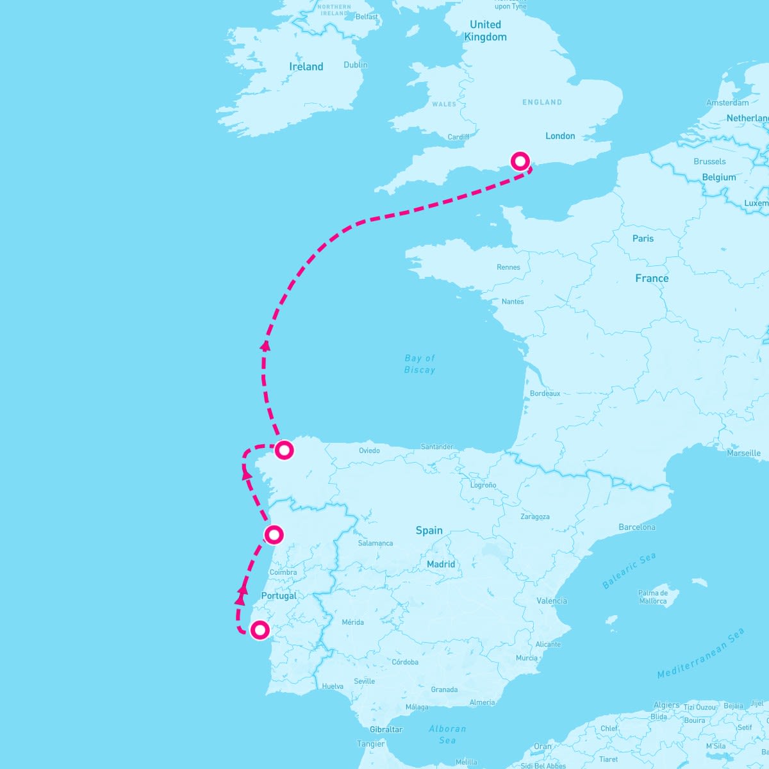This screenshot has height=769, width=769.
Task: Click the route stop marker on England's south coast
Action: coord(520,160)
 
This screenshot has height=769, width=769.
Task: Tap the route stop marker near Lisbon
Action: coord(260,630)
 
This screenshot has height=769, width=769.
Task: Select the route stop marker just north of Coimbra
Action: coord(274,534)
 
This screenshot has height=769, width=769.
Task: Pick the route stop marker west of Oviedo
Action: coord(284,450)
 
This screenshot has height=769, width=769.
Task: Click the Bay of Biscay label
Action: coord(420,364)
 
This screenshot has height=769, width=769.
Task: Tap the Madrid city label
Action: coord(441,564)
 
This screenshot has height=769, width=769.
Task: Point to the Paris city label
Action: coord(643,238)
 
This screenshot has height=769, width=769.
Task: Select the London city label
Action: coord(560,136)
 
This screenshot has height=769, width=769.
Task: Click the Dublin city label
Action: coord(356,65)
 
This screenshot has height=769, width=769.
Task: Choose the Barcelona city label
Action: coord(637,527)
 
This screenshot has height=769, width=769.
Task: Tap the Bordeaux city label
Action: coord(545,393)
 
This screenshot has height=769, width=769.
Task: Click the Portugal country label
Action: coord(279,596)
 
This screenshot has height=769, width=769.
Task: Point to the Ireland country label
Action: coord(306,67)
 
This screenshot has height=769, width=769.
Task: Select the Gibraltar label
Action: coord(386,729)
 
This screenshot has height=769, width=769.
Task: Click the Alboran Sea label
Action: coord(447,734)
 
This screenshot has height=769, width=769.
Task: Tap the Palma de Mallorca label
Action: coord(652,597)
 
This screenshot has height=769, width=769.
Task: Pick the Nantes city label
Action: coord(513,301)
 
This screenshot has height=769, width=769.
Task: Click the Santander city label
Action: coord(437,447)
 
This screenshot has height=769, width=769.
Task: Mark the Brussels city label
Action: coord(709,161)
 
